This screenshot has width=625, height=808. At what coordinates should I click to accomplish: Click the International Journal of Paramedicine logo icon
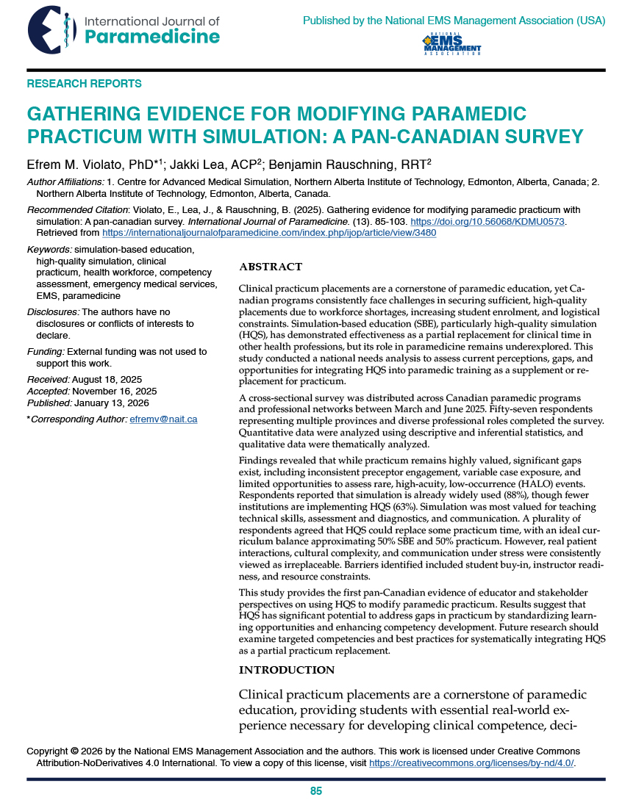51,29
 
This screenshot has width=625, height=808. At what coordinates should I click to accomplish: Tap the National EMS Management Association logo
451,44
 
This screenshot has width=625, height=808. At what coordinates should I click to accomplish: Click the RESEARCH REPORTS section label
85,84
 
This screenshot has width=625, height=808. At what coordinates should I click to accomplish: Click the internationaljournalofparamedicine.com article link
268,233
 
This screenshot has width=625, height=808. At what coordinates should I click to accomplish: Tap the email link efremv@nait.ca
163,419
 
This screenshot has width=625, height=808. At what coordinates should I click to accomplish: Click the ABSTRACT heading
271,267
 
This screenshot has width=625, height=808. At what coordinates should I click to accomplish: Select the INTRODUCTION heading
287,670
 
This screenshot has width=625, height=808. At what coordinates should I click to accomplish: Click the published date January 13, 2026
110,403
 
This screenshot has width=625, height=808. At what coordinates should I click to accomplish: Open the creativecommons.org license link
471,763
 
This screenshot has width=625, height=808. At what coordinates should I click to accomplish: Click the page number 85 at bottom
316,791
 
